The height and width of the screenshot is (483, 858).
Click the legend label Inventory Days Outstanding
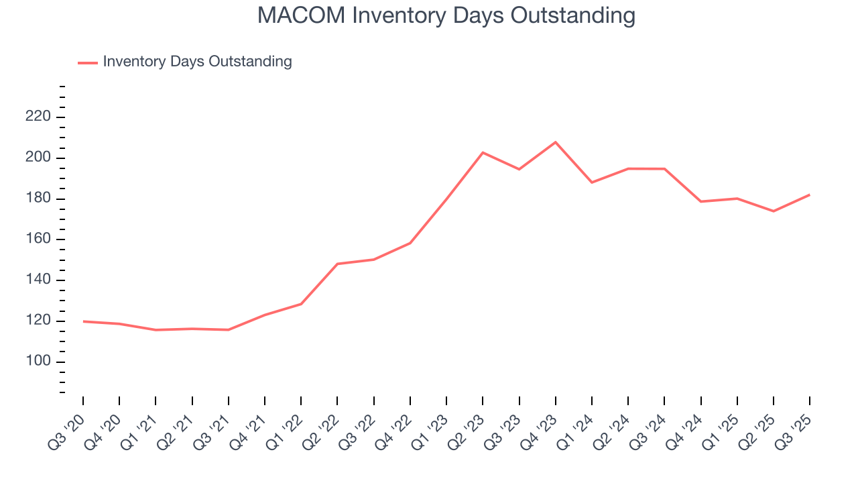tap(197, 62)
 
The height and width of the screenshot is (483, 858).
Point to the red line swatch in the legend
tap(88, 62)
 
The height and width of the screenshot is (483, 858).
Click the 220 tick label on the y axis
tap(38, 117)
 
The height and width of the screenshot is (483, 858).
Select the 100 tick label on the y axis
tap(38, 362)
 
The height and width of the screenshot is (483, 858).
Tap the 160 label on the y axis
tap(38, 239)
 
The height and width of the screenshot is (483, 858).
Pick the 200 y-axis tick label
tap(38, 158)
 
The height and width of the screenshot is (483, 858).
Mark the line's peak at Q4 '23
tap(555, 142)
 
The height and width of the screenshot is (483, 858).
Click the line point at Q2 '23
tap(483, 152)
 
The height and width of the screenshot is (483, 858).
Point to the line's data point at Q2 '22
tap(337, 264)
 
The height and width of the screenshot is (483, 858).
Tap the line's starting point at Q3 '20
tap(83, 321)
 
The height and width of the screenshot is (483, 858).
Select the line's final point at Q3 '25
tap(809, 195)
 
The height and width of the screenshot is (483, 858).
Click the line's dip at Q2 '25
tap(773, 211)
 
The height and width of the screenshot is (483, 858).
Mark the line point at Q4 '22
tap(410, 243)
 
